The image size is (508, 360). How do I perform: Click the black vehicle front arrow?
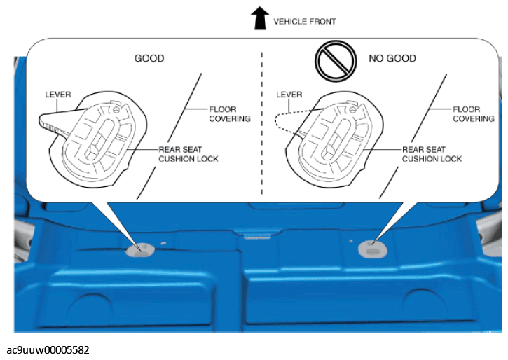[260, 18]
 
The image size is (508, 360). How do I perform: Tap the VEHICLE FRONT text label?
[305, 22]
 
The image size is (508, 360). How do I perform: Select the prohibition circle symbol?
[336, 61]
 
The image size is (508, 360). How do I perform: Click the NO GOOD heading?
[392, 58]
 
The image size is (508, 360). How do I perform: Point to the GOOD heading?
[149, 58]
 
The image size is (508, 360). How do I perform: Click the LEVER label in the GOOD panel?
[58, 95]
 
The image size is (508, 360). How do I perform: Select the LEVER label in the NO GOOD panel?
[289, 95]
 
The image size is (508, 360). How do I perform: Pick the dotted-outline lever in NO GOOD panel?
[291, 123]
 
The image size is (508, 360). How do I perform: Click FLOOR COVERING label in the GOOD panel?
[230, 114]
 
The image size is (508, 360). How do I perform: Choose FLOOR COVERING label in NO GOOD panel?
[474, 114]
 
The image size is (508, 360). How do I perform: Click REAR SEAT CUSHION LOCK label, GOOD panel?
[188, 154]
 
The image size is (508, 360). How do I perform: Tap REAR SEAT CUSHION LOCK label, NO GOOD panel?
[432, 154]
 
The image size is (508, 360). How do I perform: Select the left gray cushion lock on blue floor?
[139, 250]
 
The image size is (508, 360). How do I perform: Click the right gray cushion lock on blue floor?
[372, 249]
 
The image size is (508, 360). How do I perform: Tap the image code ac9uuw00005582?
[48, 350]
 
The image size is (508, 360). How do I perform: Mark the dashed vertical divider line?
[262, 123]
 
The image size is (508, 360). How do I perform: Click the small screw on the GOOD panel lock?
[116, 110]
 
